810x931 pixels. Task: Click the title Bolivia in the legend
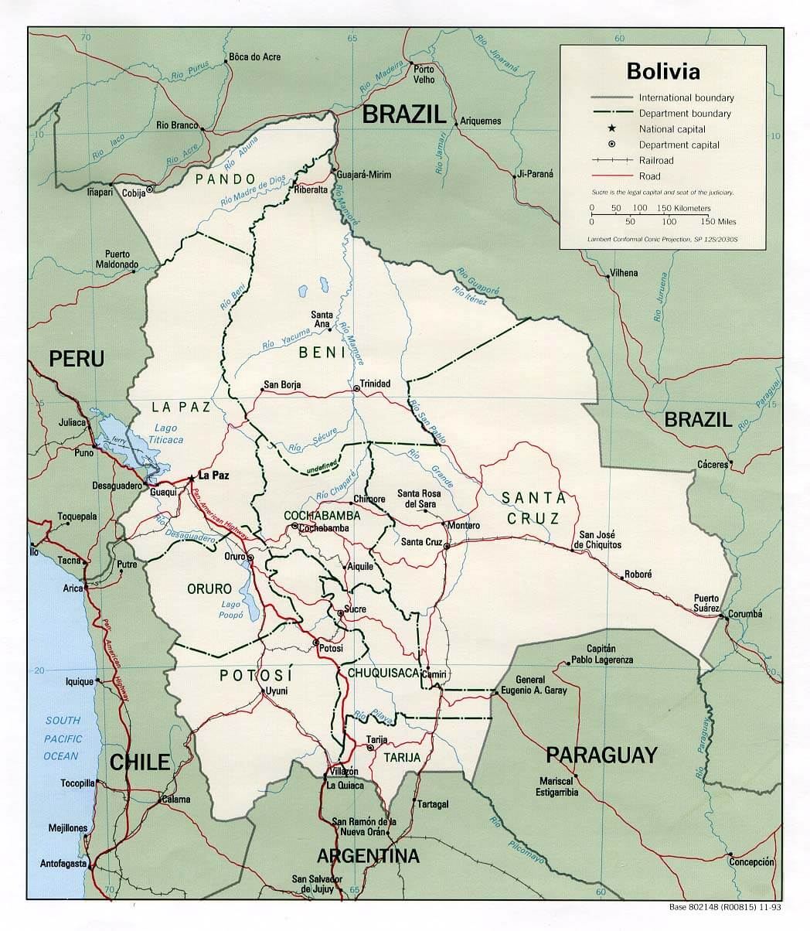(x=663, y=71)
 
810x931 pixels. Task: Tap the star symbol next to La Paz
(x=192, y=477)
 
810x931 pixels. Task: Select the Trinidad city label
(x=375, y=384)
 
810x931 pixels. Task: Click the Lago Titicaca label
(x=165, y=434)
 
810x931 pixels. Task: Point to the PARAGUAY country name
(x=601, y=754)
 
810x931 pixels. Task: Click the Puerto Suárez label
(x=706, y=603)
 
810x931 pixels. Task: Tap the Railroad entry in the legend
(x=655, y=160)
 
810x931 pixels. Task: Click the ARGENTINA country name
(x=368, y=856)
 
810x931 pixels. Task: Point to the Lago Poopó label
(x=232, y=609)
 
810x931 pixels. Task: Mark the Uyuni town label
(x=276, y=691)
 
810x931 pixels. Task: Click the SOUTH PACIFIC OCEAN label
(x=62, y=738)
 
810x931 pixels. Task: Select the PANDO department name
(x=220, y=179)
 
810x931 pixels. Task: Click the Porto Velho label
(x=424, y=74)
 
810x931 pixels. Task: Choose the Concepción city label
(x=750, y=861)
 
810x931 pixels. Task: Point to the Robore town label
(x=638, y=575)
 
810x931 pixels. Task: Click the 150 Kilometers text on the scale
(x=683, y=209)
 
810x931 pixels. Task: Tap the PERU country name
(x=77, y=359)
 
